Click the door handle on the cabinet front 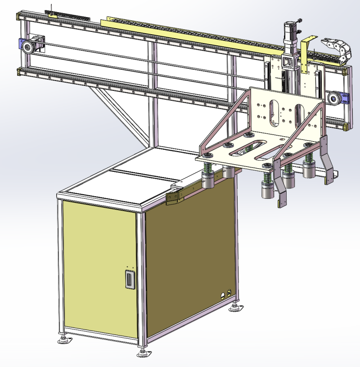130,279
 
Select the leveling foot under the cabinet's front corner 144,353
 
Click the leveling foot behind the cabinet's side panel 234,308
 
